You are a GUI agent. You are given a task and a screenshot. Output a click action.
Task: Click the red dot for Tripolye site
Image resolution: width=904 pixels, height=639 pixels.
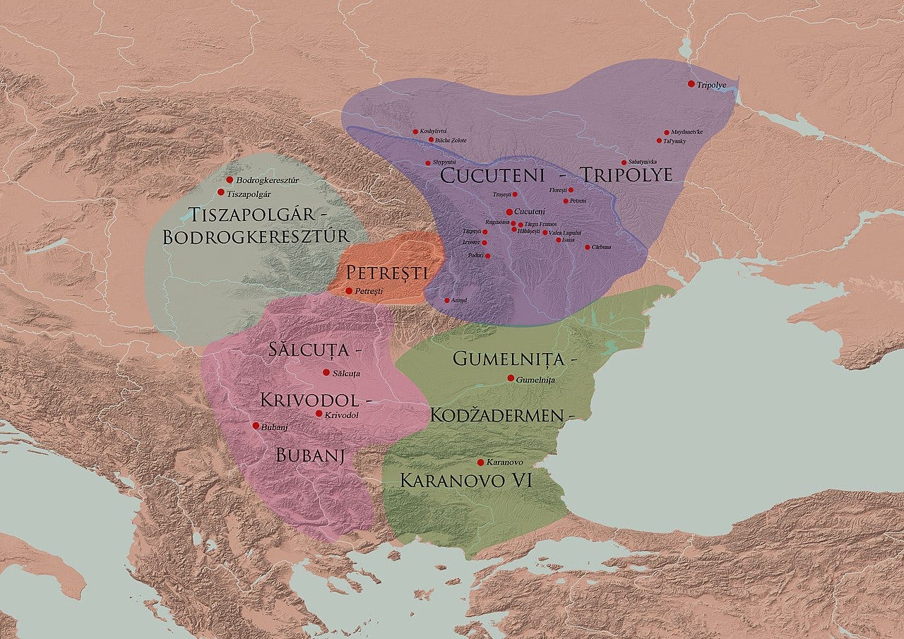click(691, 84)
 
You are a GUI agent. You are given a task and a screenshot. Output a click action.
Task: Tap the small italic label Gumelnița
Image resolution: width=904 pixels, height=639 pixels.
click(536, 380)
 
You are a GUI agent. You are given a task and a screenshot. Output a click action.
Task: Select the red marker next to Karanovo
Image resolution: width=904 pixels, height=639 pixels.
click(480, 462)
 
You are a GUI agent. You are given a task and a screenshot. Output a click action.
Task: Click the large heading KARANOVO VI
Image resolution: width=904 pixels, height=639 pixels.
click(466, 481)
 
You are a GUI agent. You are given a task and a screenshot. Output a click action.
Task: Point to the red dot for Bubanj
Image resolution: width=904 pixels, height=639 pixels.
click(256, 426)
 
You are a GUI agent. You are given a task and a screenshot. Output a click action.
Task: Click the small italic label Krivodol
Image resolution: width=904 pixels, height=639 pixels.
click(342, 415)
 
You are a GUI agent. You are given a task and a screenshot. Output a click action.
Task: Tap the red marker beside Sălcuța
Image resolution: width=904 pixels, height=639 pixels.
click(326, 372)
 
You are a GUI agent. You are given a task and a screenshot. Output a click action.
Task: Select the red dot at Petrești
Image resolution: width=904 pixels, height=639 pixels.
click(349, 291)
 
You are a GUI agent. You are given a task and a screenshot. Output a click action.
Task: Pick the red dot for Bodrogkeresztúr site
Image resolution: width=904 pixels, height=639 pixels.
click(230, 180)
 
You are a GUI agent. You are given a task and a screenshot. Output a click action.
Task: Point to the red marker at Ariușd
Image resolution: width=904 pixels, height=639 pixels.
click(446, 300)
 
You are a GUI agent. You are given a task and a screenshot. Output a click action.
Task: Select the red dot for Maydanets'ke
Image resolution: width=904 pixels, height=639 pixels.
click(666, 132)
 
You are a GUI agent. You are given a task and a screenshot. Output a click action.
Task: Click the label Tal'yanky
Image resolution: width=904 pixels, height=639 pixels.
click(675, 141)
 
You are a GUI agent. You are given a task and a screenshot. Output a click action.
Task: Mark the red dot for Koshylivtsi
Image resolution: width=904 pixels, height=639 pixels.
click(415, 132)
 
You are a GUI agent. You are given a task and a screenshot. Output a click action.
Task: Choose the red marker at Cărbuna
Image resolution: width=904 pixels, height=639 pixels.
click(587, 247)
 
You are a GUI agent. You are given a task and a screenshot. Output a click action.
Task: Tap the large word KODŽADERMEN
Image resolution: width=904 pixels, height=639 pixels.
click(497, 415)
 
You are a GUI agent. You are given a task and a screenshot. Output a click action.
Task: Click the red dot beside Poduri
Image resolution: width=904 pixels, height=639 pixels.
click(487, 256)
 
